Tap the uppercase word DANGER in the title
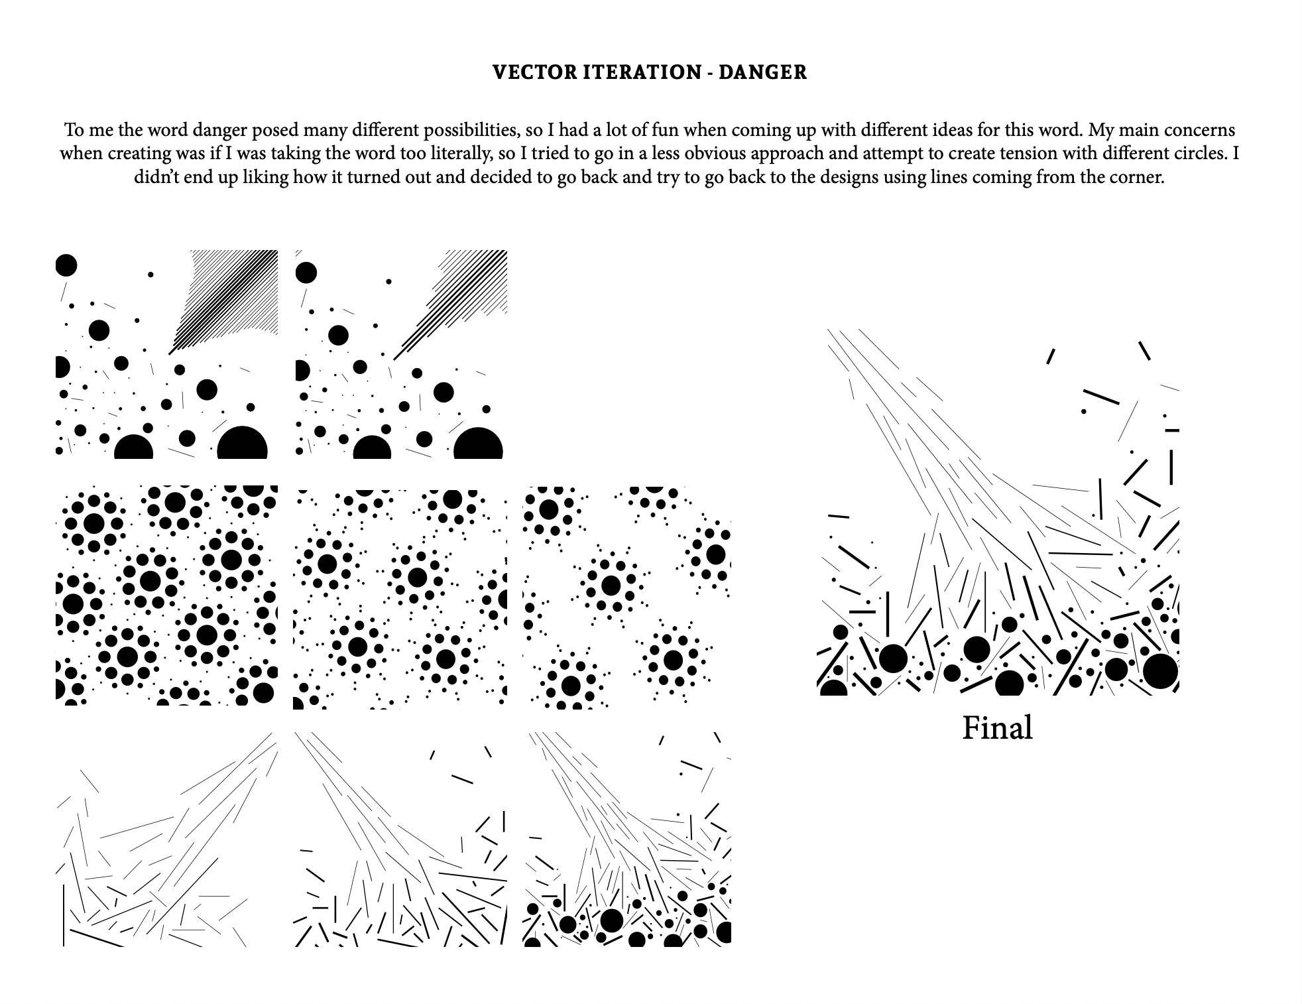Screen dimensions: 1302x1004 (762, 72)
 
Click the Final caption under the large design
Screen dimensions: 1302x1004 (997, 728)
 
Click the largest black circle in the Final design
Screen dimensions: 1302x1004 (1160, 671)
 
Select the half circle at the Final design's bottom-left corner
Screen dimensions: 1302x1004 (833, 688)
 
